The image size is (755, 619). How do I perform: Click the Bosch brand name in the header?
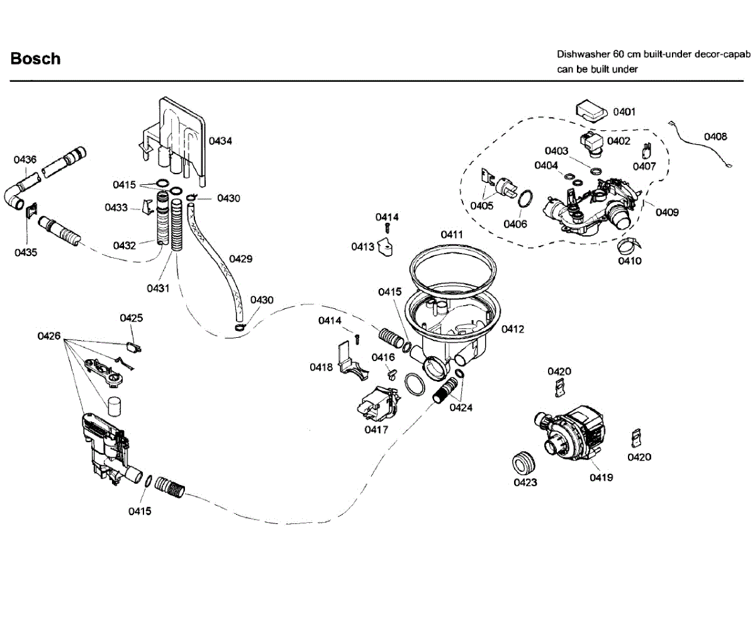pyautogui.click(x=35, y=59)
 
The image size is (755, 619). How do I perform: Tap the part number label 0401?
pyautogui.click(x=624, y=112)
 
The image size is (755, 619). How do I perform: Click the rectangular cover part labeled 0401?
pyautogui.click(x=591, y=111)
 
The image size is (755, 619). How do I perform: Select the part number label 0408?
pyautogui.click(x=715, y=137)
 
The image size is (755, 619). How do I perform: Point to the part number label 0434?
pyautogui.click(x=220, y=141)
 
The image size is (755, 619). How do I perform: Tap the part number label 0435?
pyautogui.click(x=26, y=253)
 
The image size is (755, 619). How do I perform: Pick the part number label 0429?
pyautogui.click(x=240, y=259)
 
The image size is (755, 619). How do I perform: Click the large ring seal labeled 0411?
pyautogui.click(x=453, y=269)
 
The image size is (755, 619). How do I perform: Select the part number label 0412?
pyautogui.click(x=513, y=329)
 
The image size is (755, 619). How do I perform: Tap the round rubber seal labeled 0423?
pyautogui.click(x=524, y=464)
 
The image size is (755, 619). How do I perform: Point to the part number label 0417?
pyautogui.click(x=376, y=430)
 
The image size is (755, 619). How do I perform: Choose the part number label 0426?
pyautogui.click(x=49, y=336)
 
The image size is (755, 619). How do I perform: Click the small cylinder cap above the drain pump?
pyautogui.click(x=115, y=406)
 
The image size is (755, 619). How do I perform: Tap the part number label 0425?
pyautogui.click(x=131, y=318)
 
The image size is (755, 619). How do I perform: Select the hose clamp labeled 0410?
pyautogui.click(x=629, y=245)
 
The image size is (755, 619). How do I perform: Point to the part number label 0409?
pyautogui.click(x=668, y=212)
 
